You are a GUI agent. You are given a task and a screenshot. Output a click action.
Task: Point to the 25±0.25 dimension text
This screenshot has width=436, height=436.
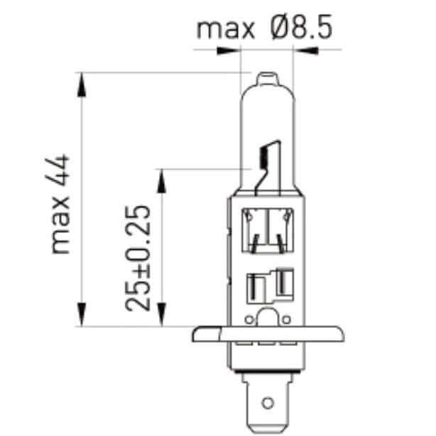click(x=139, y=257)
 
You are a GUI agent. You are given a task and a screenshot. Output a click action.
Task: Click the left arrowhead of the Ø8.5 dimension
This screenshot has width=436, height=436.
click(x=227, y=50)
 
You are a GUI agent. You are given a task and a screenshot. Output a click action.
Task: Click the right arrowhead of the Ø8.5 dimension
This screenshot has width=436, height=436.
click(x=307, y=50)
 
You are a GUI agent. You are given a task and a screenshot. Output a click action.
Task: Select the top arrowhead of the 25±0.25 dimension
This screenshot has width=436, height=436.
click(x=163, y=180)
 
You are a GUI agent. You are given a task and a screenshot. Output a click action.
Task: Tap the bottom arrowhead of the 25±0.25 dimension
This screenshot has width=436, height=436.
click(x=163, y=314)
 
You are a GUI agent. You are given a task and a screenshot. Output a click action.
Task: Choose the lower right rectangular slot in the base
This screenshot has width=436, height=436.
click(x=283, y=283)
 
